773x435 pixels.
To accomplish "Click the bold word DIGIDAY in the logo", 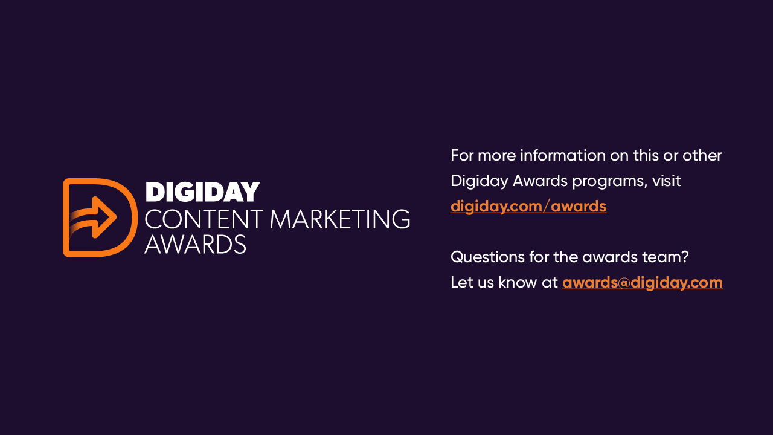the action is pyautogui.click(x=202, y=192).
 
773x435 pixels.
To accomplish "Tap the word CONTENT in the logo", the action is pyautogui.click(x=204, y=219).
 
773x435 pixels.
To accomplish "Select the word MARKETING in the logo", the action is pyautogui.click(x=340, y=219).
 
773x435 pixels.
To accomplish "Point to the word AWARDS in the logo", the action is pyautogui.click(x=195, y=244).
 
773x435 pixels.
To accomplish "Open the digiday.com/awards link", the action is pyautogui.click(x=528, y=207).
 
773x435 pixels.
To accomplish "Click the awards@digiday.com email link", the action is pyautogui.click(x=642, y=282).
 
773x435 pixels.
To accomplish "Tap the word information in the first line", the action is pyautogui.click(x=562, y=156).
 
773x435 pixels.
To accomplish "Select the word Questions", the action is pyautogui.click(x=487, y=257).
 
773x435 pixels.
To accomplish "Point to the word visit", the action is pyautogui.click(x=666, y=181).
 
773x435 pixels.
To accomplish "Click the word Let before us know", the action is pyautogui.click(x=461, y=282).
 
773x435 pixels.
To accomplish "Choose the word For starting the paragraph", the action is pyautogui.click(x=462, y=156).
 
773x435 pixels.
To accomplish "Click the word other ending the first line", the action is pyautogui.click(x=702, y=156).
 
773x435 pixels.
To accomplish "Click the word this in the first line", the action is pyautogui.click(x=646, y=156).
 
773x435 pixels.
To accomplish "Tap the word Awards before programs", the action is pyautogui.click(x=540, y=181).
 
